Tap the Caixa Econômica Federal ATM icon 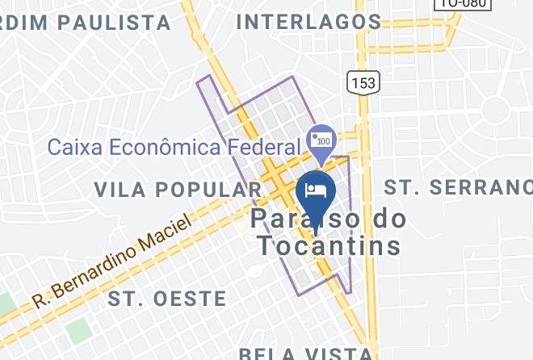point(321,139)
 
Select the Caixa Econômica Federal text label point(174,148)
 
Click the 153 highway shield point(362,82)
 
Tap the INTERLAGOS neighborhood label point(308,22)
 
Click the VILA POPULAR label point(178,190)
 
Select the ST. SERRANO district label point(458,187)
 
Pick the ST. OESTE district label point(167,299)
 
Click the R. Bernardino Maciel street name point(113,261)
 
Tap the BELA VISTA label point(306,354)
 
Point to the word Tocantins point(329,245)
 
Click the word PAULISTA point(120,23)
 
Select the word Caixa point(69,148)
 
